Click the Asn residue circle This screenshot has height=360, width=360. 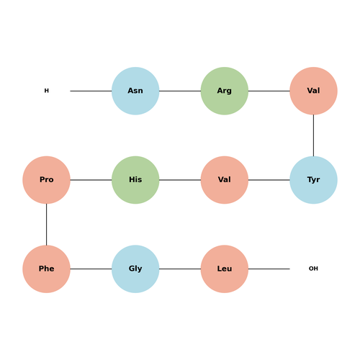coord(135,91)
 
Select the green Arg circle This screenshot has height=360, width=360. coord(225,91)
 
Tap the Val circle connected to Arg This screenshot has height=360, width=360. coord(313,91)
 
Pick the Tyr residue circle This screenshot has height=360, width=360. coord(313,180)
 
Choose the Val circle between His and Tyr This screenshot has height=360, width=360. coord(225,180)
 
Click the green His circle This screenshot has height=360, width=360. coord(135,180)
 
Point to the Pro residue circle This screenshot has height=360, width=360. coord(46,180)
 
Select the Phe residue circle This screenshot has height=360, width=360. coord(46,269)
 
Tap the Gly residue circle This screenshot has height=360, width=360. coord(135,269)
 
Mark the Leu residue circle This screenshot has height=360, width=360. coord(225,269)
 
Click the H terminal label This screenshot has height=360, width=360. coord(47,91)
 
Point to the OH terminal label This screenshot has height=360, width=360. coord(313,269)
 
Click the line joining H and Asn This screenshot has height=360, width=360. coord(91,91)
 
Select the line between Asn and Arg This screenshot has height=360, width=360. coord(180,91)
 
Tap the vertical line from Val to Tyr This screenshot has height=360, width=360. coord(313,135)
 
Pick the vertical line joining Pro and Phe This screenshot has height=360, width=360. coord(46,225)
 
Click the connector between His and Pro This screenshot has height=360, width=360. coord(91,180)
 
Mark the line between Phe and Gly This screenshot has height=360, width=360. coord(91,269)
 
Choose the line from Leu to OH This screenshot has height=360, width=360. coord(269,269)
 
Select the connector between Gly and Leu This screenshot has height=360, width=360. coord(180,269)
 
